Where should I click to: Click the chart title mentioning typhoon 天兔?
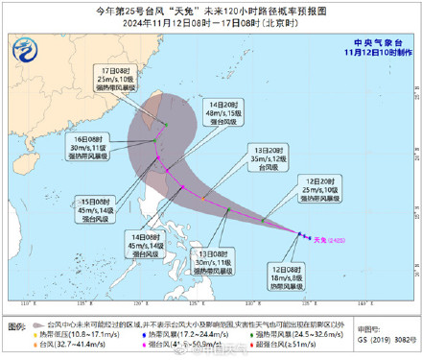click(211, 12)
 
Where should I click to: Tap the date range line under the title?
click(211, 23)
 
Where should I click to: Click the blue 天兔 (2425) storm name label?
click(335, 240)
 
